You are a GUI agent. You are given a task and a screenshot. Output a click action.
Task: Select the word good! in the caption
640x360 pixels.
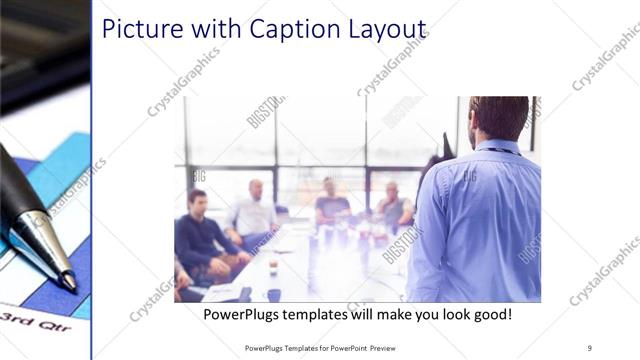[x=490, y=315]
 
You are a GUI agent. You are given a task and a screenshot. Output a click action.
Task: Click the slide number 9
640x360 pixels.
[x=590, y=347]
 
